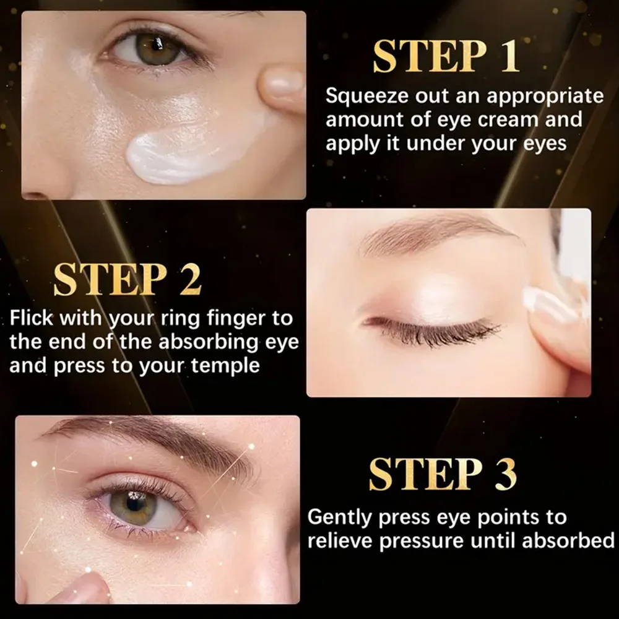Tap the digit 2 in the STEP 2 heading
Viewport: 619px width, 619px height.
click(190, 280)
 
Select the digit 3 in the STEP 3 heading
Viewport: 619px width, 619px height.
click(503, 475)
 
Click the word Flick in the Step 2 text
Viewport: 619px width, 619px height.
click(32, 319)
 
